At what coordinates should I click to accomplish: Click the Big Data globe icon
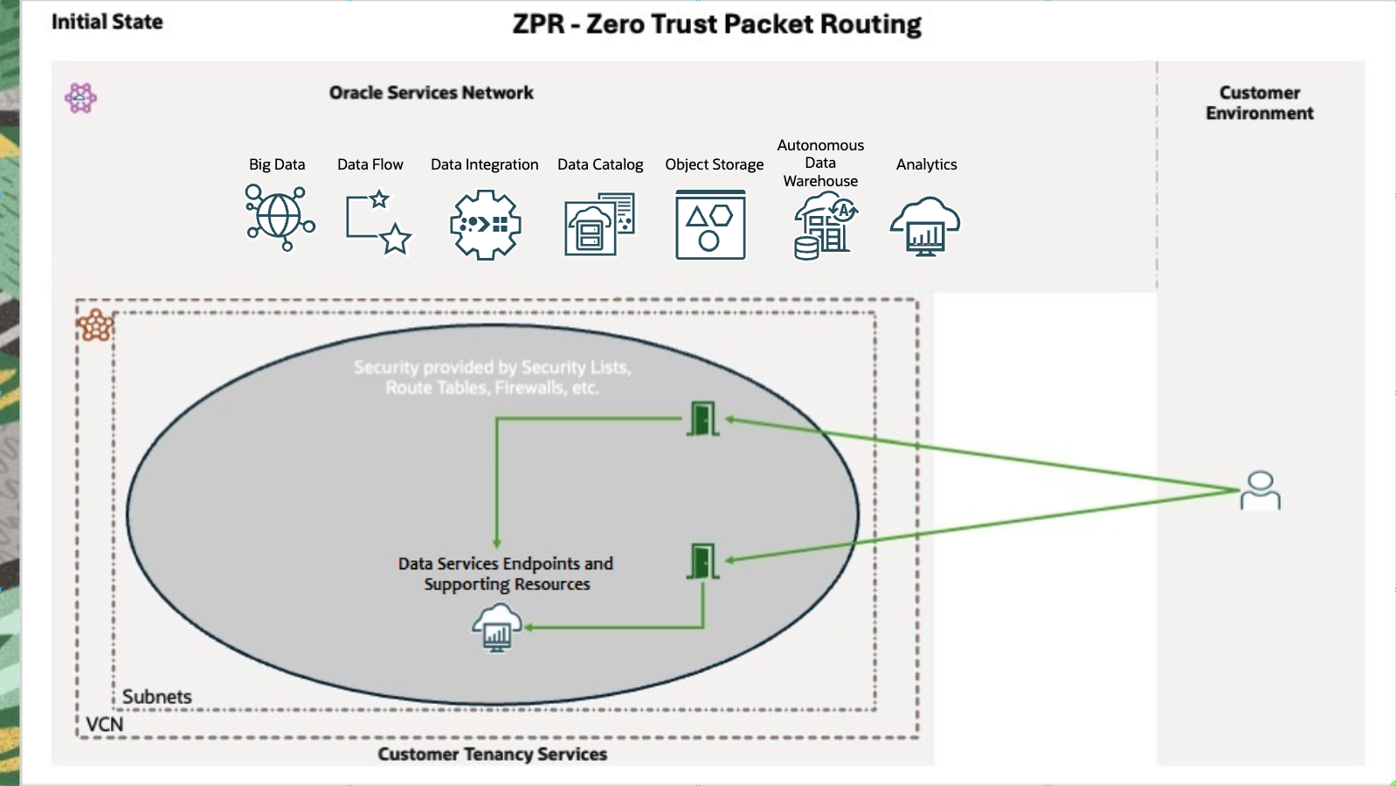pyautogui.click(x=280, y=218)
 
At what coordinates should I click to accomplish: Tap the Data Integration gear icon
pyautogui.click(x=485, y=225)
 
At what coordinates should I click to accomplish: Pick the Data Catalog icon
pyautogui.click(x=599, y=225)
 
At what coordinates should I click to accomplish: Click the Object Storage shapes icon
pyautogui.click(x=710, y=226)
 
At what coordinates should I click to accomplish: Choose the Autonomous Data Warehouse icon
pyautogui.click(x=825, y=226)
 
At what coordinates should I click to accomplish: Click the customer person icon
pyautogui.click(x=1261, y=490)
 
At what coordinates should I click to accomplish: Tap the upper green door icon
pyautogui.click(x=702, y=419)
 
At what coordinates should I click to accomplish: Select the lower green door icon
pyautogui.click(x=702, y=561)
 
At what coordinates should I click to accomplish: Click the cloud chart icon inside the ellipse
pyautogui.click(x=497, y=629)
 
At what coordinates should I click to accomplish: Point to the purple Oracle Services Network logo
pyautogui.click(x=80, y=97)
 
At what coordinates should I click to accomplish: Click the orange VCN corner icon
pyautogui.click(x=95, y=325)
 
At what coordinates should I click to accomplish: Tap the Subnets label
pyautogui.click(x=157, y=697)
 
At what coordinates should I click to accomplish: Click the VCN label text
pyautogui.click(x=105, y=724)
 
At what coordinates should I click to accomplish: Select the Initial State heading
pyautogui.click(x=107, y=22)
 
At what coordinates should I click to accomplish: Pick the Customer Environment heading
pyautogui.click(x=1259, y=103)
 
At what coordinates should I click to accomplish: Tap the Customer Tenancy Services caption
pyautogui.click(x=492, y=754)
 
